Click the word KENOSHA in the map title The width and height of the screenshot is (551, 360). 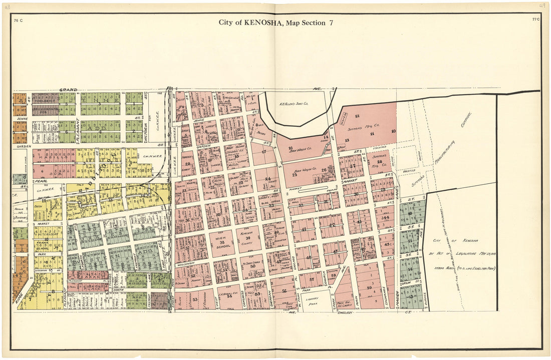pos(259,23)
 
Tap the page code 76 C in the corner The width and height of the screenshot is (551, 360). pos(19,20)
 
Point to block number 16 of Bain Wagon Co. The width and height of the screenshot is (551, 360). pos(291,149)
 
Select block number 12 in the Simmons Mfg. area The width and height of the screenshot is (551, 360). pos(358,116)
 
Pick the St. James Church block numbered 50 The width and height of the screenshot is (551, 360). pos(253,266)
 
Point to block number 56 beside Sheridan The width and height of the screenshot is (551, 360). pos(284,291)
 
